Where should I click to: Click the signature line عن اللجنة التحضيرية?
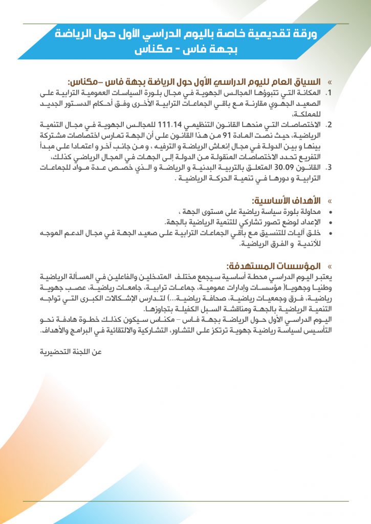(71, 352)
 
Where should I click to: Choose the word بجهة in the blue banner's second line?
(222, 50)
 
